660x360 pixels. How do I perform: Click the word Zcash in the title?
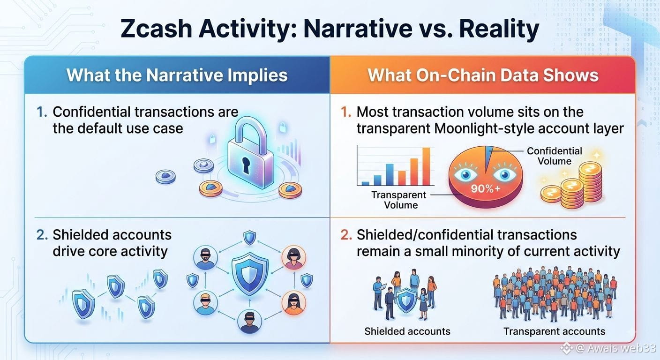[x=156, y=29]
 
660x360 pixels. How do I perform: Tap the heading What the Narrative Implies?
[x=177, y=75]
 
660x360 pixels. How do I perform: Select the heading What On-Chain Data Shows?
[x=483, y=75]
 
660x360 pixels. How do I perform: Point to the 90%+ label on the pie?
[x=485, y=188]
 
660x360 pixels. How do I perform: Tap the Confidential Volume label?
[x=554, y=156]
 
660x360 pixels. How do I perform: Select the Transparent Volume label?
[x=398, y=200]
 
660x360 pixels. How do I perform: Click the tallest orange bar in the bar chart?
[x=426, y=166]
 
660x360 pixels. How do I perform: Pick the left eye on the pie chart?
[x=465, y=174]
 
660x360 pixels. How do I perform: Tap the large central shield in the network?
[x=250, y=273]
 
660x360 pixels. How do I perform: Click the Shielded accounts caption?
[x=407, y=331]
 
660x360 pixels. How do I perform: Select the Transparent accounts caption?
[x=554, y=331]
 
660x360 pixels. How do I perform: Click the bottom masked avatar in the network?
[x=249, y=322]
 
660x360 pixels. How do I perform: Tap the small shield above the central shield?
[x=249, y=238]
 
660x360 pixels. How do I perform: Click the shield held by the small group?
[x=406, y=301]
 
